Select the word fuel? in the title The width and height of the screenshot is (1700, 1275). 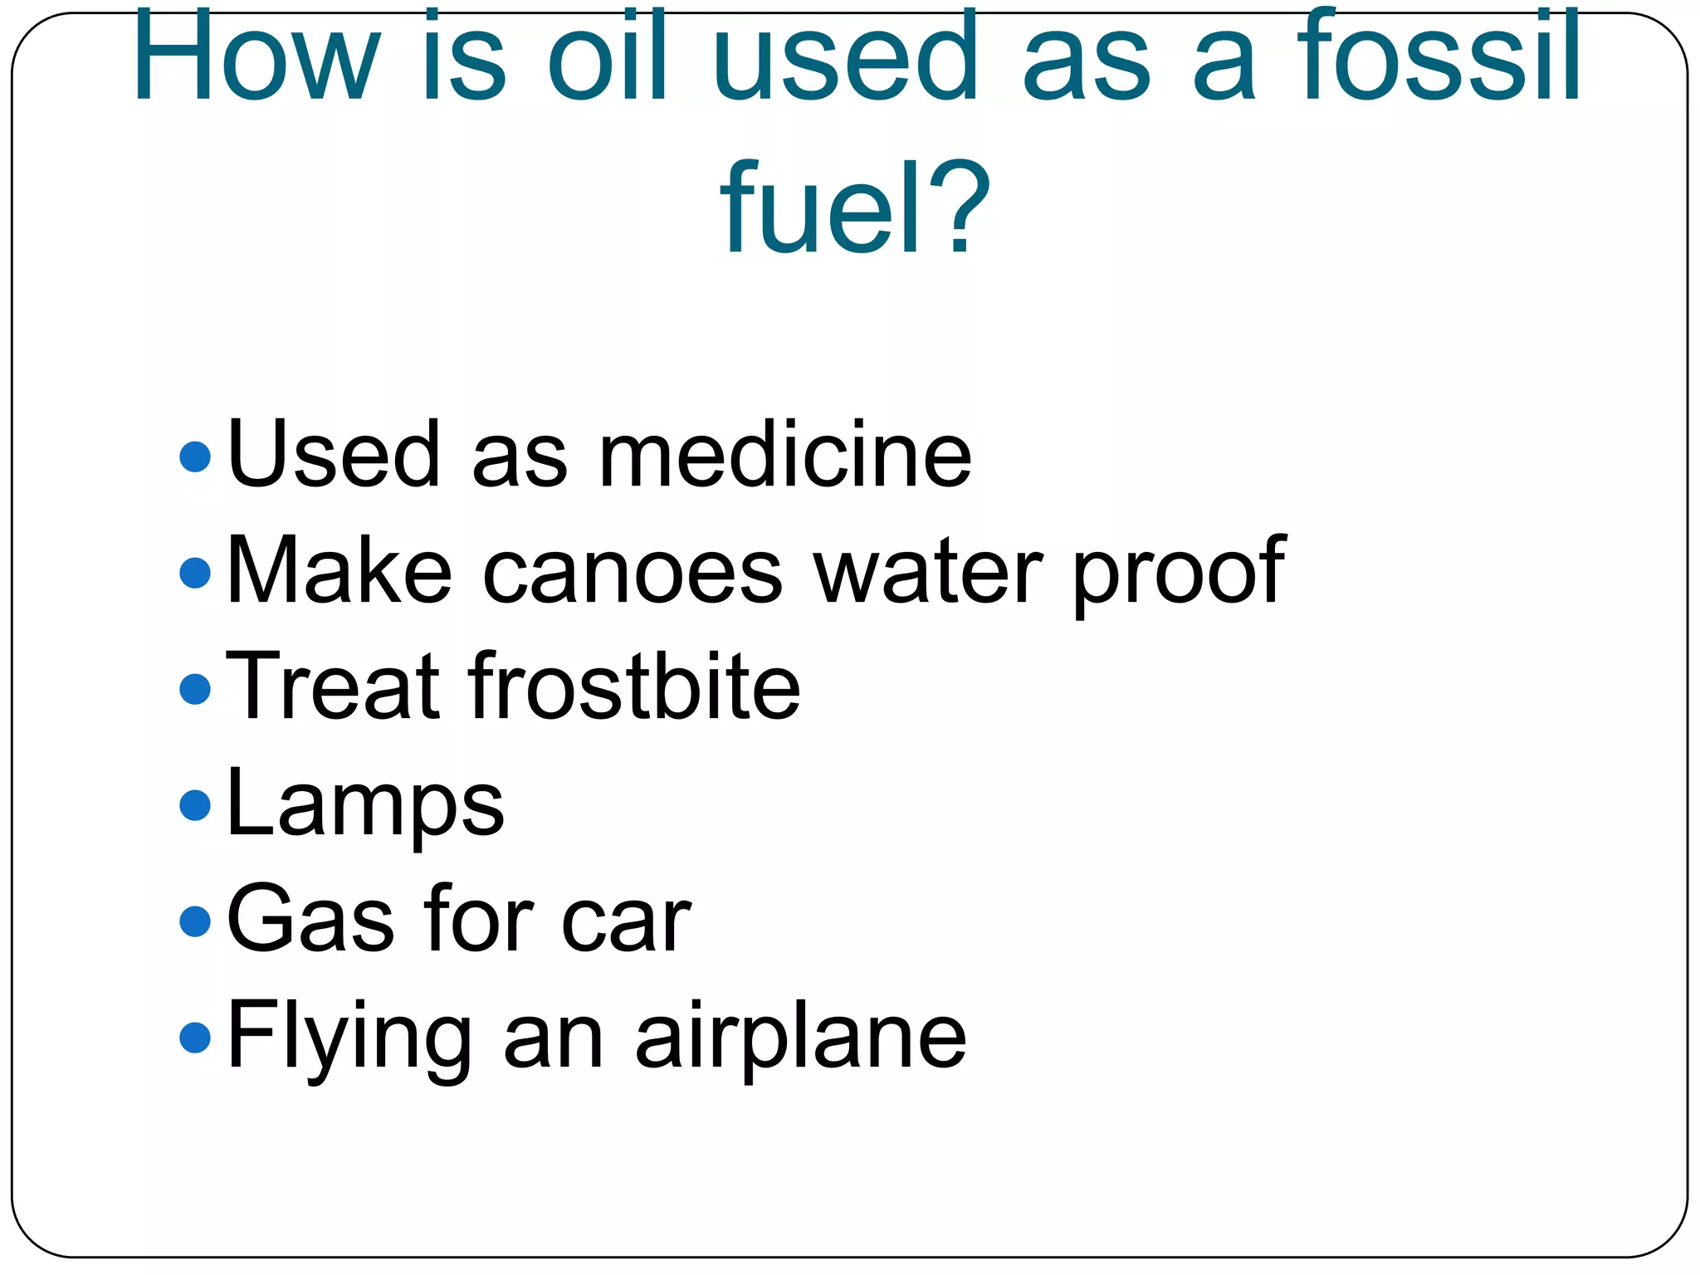855,208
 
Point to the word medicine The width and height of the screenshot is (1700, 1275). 784,455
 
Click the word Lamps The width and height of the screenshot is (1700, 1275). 365,804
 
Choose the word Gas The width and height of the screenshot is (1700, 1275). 310,920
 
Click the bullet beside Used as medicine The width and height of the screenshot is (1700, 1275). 195,457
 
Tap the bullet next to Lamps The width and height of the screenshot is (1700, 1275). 195,805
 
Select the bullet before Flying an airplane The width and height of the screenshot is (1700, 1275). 195,1038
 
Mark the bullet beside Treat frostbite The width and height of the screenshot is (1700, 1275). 195,689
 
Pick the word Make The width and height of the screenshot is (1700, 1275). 339,571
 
